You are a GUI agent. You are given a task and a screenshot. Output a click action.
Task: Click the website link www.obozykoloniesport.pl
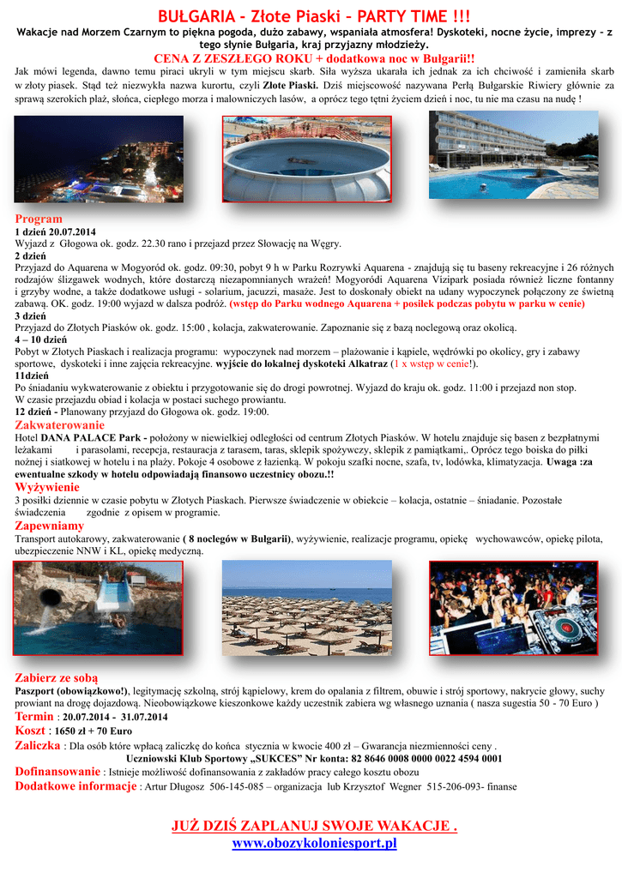click(x=314, y=844)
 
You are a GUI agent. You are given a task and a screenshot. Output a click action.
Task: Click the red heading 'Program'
click(x=39, y=219)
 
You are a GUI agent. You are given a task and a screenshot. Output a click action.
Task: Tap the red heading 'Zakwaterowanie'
click(x=60, y=425)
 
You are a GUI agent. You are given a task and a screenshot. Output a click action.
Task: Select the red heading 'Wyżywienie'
click(x=47, y=486)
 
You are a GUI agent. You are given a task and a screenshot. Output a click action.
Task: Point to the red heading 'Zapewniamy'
click(x=50, y=526)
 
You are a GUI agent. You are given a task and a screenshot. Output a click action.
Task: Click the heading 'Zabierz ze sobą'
click(x=57, y=677)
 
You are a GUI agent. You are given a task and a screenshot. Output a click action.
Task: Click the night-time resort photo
click(x=99, y=159)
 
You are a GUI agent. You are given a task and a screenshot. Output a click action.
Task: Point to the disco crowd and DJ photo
click(x=513, y=608)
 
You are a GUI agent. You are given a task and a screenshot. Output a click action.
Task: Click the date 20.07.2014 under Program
click(x=72, y=232)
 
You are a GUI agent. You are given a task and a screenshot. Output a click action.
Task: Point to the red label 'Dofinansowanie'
click(x=57, y=772)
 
